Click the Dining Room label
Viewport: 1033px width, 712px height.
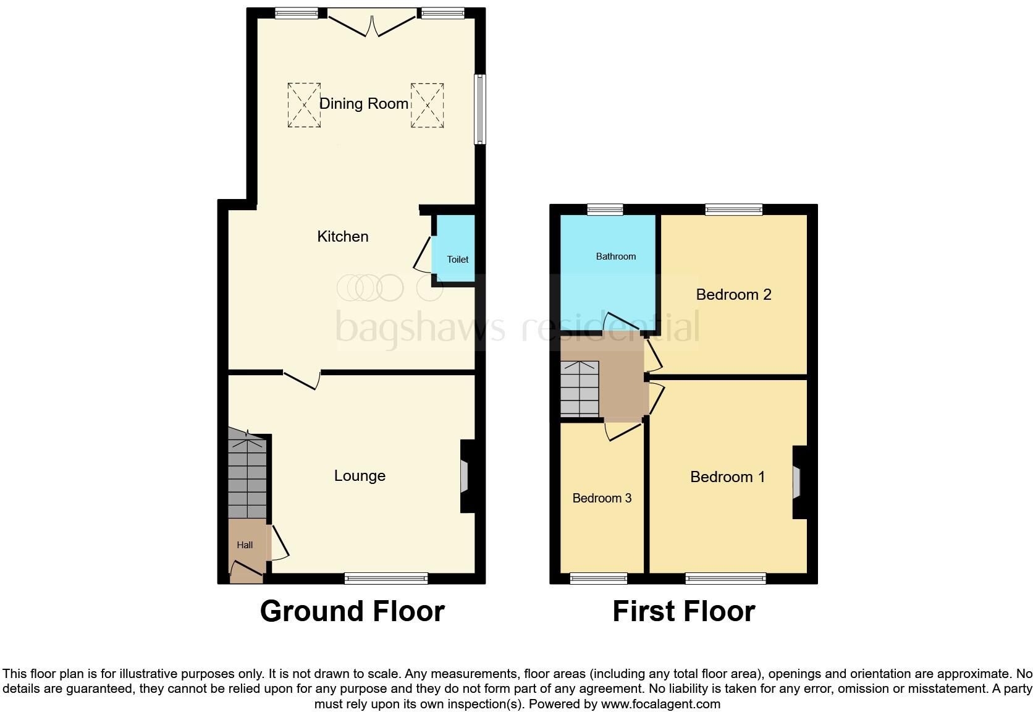click(x=363, y=104)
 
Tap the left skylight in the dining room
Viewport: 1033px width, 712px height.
click(x=304, y=105)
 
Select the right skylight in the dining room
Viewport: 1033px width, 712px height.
click(x=427, y=105)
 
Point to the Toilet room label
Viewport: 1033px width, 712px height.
click(x=458, y=260)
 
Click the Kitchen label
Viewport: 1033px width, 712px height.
click(x=343, y=237)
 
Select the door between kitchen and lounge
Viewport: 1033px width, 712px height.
click(x=302, y=379)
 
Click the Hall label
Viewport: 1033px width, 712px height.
click(x=245, y=545)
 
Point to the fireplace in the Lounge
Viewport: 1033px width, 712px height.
click(x=465, y=477)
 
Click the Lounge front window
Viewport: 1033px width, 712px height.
click(x=386, y=578)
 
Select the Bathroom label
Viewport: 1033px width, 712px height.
click(x=615, y=256)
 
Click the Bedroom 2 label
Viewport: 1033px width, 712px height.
click(x=733, y=295)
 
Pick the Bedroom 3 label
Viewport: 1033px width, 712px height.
click(x=602, y=498)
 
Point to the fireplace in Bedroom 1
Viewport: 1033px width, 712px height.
click(x=798, y=482)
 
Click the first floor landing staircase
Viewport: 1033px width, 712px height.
click(x=580, y=389)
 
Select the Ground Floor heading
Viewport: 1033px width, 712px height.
click(x=352, y=611)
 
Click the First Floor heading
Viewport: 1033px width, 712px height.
click(x=683, y=611)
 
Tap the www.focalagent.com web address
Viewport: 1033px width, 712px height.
click(x=660, y=704)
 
